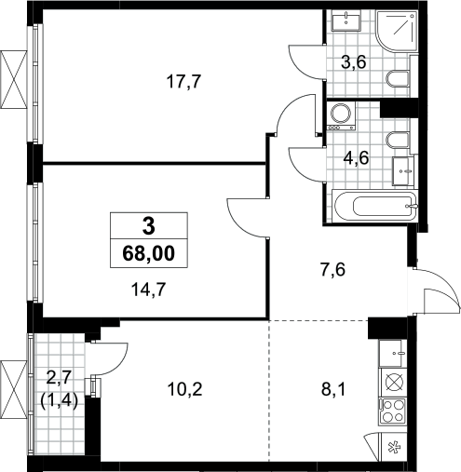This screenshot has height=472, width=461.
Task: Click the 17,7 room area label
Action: coord(183,82)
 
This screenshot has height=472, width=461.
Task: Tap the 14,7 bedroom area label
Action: coord(149,290)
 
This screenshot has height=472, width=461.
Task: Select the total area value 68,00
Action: coord(149,253)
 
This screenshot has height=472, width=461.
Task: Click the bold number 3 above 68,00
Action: coord(149,226)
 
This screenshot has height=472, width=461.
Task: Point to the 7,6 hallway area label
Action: coord(332,270)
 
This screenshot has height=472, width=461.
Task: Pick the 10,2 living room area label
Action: coord(184,389)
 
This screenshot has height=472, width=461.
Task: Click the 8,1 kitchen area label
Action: coord(333,390)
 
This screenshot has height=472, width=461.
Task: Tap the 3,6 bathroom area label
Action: coord(354,62)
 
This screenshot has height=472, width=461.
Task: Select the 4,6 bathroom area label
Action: coord(356,158)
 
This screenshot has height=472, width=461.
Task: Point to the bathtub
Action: coord(374,206)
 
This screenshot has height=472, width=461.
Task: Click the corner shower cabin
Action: coord(396,31)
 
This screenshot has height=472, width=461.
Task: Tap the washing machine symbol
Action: coord(342,116)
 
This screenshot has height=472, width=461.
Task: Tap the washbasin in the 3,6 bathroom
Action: coord(346,20)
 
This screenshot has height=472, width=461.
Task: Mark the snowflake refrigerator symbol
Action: coord(395,447)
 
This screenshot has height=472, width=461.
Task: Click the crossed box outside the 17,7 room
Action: coord(14,79)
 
